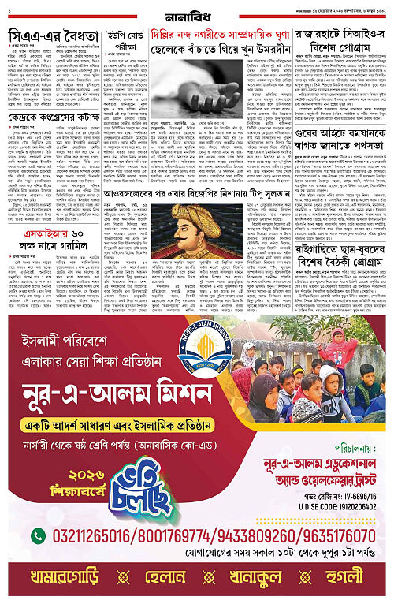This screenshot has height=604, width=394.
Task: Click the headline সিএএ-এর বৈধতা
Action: click(54, 36)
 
